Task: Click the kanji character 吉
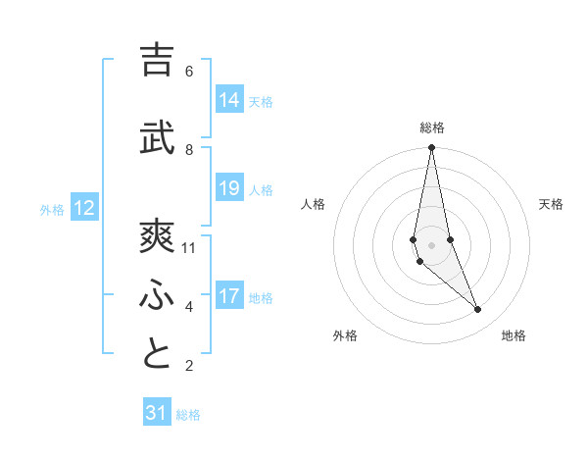(x=157, y=61)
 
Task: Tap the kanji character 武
(x=157, y=138)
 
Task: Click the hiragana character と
(x=157, y=353)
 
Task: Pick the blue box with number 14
(x=229, y=100)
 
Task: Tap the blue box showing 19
(x=229, y=188)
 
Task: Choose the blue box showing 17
(x=229, y=296)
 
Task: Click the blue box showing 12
(x=84, y=208)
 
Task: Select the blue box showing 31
(x=157, y=414)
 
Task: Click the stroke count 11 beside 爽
(x=189, y=248)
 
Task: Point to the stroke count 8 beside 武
(x=189, y=149)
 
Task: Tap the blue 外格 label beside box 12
(x=52, y=209)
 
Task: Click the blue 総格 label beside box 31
(x=188, y=415)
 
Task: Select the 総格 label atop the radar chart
(x=431, y=128)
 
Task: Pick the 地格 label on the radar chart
(x=514, y=335)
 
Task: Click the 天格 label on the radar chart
(x=551, y=204)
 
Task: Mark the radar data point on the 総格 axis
(x=431, y=148)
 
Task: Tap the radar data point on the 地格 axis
(x=478, y=310)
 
